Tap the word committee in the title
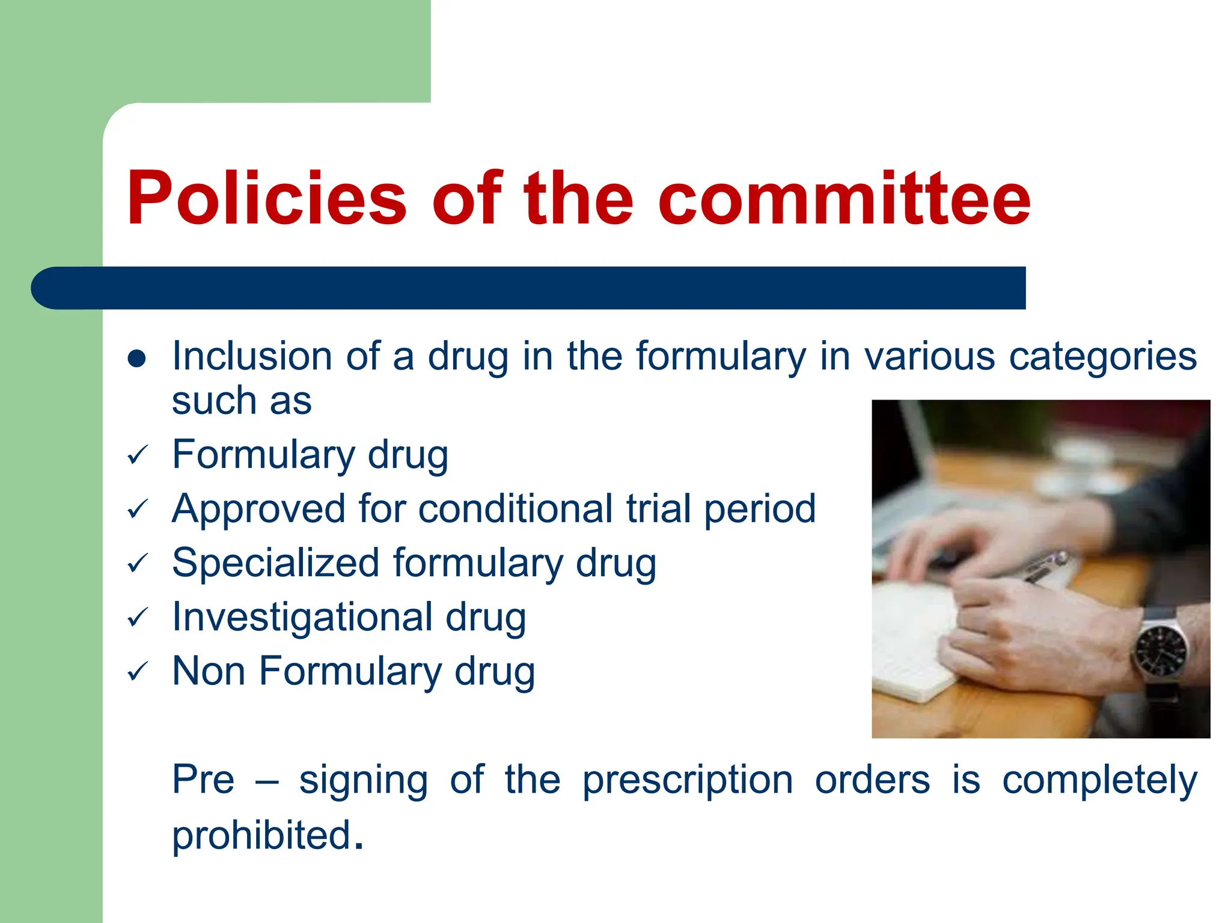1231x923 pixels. [844, 198]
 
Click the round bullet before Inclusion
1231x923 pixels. [137, 359]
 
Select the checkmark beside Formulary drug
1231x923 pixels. [138, 455]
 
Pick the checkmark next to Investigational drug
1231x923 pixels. [138, 618]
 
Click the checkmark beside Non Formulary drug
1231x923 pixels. [138, 672]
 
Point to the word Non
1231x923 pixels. [209, 671]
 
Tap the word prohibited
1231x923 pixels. [261, 835]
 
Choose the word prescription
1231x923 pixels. [688, 780]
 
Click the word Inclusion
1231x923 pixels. [252, 356]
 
